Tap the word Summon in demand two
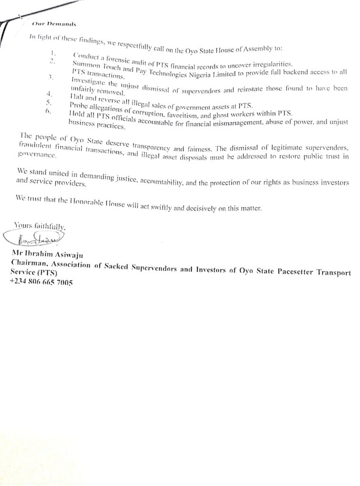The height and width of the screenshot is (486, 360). click(x=85, y=66)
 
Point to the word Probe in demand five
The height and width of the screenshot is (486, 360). click(x=78, y=104)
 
